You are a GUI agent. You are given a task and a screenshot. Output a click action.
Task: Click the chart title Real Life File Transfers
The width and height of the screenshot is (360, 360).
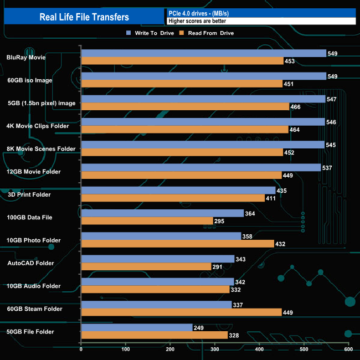tap(84, 17)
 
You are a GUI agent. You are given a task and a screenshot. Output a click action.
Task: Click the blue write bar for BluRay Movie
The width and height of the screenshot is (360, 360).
tap(203, 53)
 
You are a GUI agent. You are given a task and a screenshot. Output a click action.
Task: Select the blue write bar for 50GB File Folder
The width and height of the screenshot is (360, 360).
tap(137, 327)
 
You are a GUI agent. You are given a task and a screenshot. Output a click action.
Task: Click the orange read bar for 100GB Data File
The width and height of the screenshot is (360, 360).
tap(147, 221)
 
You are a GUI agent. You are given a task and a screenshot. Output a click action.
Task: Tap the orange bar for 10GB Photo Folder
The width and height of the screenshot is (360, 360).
tap(177, 244)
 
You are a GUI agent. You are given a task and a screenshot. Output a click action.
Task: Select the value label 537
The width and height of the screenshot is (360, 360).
tap(328, 168)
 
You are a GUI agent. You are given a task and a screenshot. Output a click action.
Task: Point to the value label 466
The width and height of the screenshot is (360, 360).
tap(296, 106)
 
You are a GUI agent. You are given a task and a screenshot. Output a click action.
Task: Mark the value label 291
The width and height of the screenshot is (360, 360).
tap(218, 267)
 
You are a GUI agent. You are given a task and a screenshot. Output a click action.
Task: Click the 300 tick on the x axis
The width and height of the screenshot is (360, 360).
tap(215, 349)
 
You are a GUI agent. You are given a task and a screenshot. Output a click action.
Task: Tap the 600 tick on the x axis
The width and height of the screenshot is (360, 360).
tap(348, 349)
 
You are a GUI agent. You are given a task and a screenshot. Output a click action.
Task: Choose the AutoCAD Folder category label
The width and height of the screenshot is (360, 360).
tap(31, 263)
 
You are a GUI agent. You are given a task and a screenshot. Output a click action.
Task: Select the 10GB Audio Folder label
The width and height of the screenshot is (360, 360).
tap(34, 286)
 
